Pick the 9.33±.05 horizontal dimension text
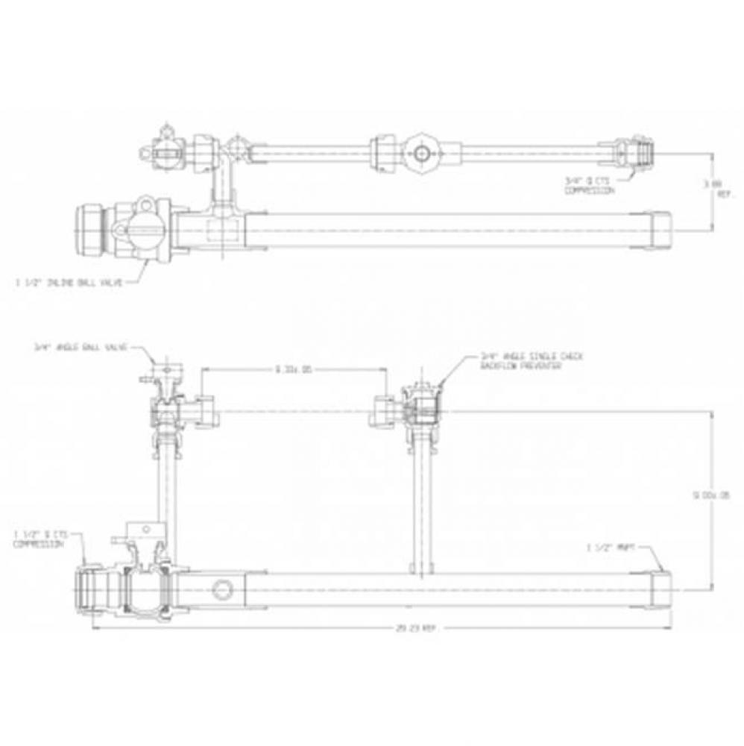coord(293,368)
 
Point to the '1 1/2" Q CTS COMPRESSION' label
coord(40,539)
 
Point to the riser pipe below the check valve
coord(420,507)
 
